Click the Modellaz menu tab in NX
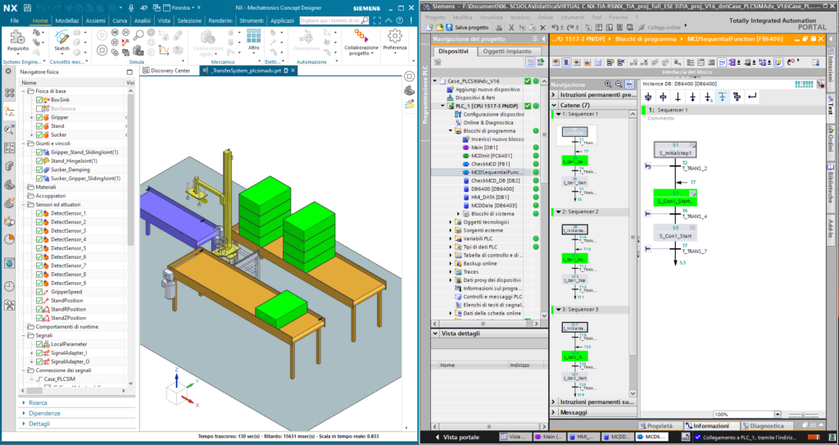(x=67, y=20)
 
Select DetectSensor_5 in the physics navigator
(x=69, y=248)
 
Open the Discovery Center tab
(x=170, y=70)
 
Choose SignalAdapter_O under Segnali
(x=70, y=361)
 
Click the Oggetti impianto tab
(x=507, y=51)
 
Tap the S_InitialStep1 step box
(x=676, y=152)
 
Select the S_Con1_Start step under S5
(x=676, y=235)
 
